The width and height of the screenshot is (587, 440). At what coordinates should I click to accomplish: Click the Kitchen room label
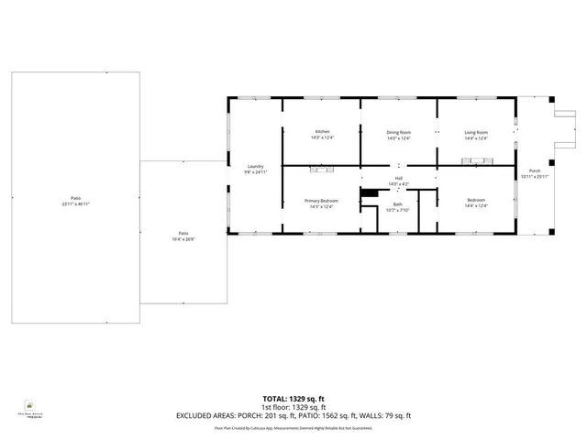click(x=323, y=132)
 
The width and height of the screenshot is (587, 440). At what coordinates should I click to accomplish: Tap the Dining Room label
click(x=399, y=132)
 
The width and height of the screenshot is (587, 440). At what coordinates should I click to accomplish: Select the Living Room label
click(x=476, y=132)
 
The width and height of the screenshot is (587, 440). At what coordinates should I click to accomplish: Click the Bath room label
click(x=398, y=204)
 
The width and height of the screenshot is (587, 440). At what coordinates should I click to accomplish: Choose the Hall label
click(x=399, y=178)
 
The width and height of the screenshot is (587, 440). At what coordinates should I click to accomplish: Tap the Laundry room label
click(x=255, y=166)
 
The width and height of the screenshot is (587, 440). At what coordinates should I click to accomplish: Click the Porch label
click(x=534, y=170)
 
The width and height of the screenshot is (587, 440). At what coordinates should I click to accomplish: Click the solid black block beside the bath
click(x=369, y=192)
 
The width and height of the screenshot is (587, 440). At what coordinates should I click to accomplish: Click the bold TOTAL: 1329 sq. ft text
click(x=293, y=399)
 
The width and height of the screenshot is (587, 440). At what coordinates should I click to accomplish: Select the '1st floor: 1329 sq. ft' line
click(x=293, y=407)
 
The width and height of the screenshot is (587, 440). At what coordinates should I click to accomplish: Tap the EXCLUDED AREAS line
click(x=293, y=415)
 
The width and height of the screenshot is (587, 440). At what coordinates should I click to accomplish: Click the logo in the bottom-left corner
click(x=30, y=405)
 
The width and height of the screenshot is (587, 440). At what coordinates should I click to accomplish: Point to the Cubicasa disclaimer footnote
click(x=293, y=427)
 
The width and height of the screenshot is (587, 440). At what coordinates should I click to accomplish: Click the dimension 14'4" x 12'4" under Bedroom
click(x=476, y=206)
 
